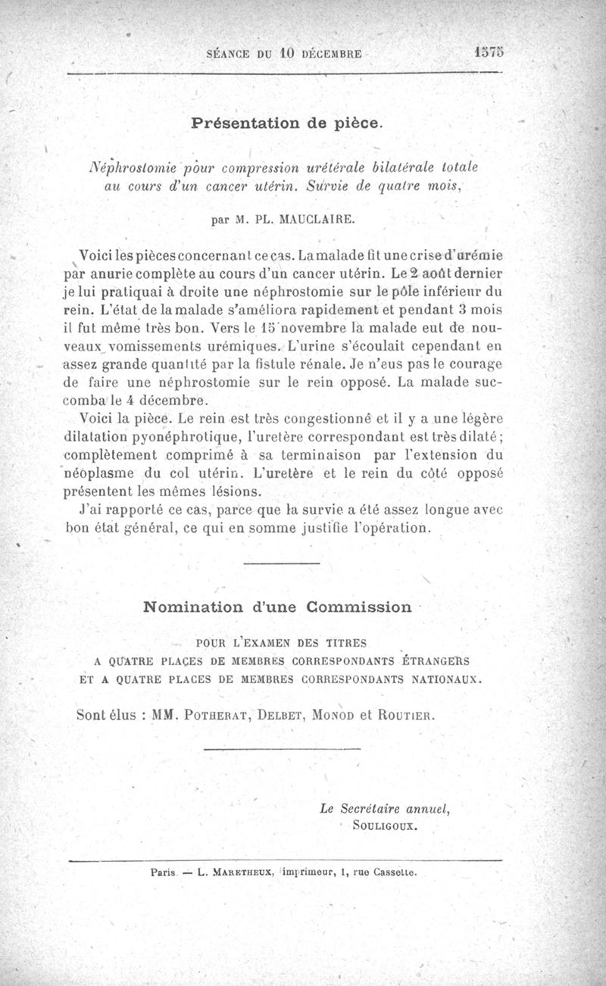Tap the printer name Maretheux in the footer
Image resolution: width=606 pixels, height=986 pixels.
[x=230, y=872]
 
